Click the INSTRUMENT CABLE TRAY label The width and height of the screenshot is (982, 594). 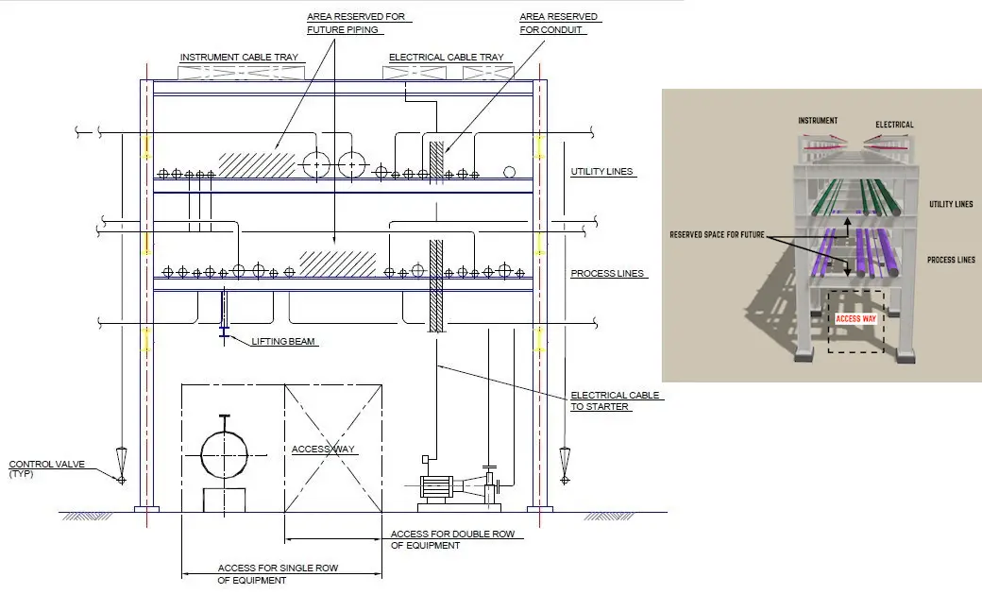[x=239, y=58]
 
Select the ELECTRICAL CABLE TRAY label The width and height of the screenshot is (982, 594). [x=446, y=58]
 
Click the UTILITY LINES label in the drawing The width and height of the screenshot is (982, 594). [x=601, y=173]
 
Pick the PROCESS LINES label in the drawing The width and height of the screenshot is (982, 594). [x=607, y=274]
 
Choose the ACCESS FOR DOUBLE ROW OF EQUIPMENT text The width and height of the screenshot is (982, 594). [x=452, y=539]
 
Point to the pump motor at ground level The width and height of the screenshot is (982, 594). [x=436, y=488]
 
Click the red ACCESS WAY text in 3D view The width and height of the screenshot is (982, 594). [x=855, y=319]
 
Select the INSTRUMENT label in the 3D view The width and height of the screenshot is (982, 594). [x=818, y=122]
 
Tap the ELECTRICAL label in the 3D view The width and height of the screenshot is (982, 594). [x=894, y=124]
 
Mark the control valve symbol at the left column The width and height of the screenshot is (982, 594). [x=122, y=464]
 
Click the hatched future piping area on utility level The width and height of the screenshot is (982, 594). [x=256, y=163]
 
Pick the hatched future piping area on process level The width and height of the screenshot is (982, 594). [x=337, y=262]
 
